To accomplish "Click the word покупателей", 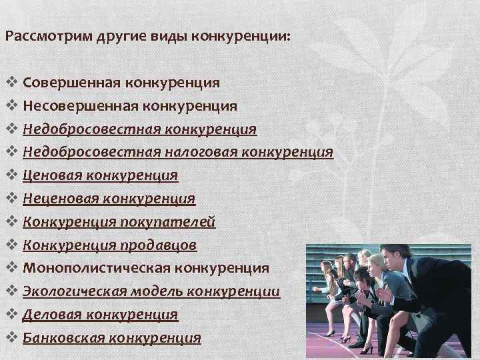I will click(x=178, y=222).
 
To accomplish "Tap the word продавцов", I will click(x=159, y=245).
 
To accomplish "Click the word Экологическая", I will click(x=74, y=291).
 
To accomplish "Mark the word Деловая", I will click(x=53, y=314).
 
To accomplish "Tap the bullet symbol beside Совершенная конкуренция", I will click(x=11, y=83).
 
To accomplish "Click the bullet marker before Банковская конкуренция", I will click(x=11, y=337).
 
